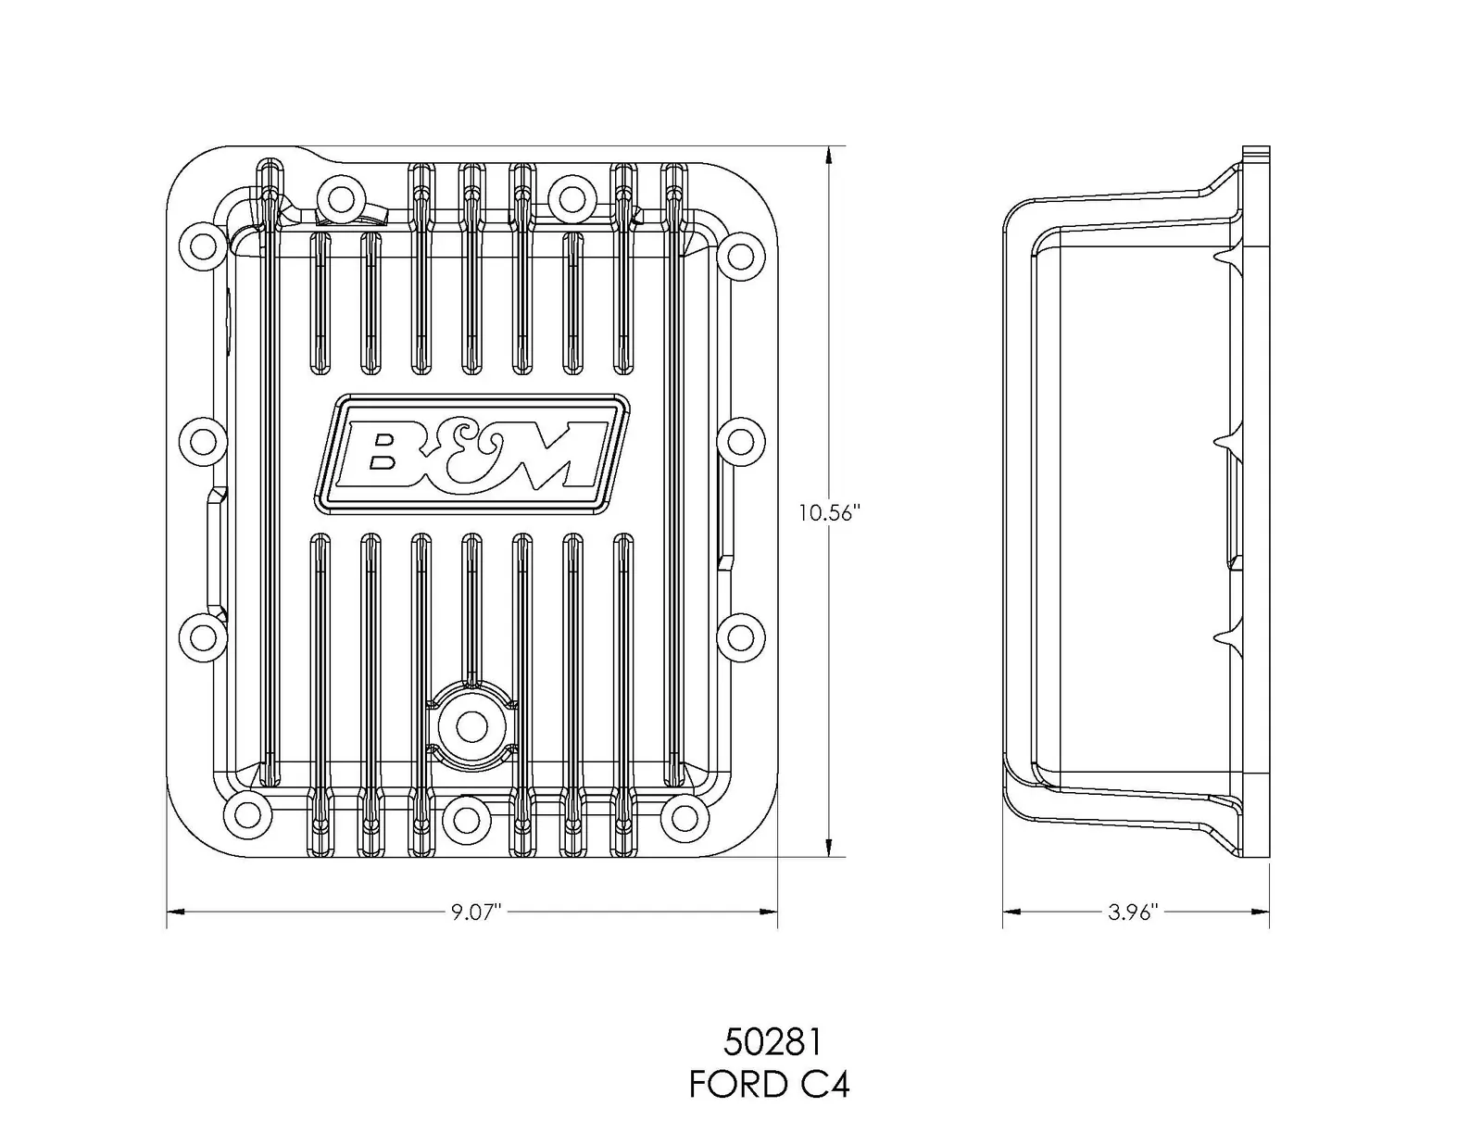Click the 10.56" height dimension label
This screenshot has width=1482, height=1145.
830,513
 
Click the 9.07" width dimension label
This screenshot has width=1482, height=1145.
476,912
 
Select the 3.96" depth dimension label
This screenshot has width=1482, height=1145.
1134,912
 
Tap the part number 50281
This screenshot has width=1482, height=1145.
772,1042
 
